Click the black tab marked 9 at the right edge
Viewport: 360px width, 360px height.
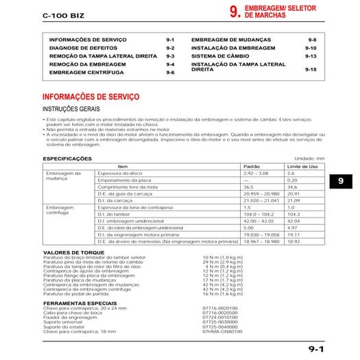[x=342, y=182]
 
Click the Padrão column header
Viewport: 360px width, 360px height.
[x=252, y=167]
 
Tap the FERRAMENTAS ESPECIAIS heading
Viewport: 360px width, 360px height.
[x=77, y=302]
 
